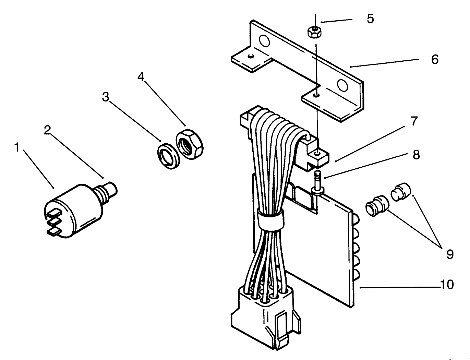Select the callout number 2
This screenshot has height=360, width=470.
(x=47, y=130)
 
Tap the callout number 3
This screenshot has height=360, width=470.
(x=106, y=97)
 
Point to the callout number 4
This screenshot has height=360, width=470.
(x=141, y=77)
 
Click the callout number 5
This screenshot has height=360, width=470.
(x=370, y=19)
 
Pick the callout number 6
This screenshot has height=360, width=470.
(x=435, y=60)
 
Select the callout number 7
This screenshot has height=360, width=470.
(x=414, y=121)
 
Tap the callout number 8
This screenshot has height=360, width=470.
(x=416, y=155)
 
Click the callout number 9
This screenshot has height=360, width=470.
(x=450, y=254)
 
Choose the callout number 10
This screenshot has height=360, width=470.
(x=447, y=285)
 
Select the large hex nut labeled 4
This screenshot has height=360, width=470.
(x=190, y=144)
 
